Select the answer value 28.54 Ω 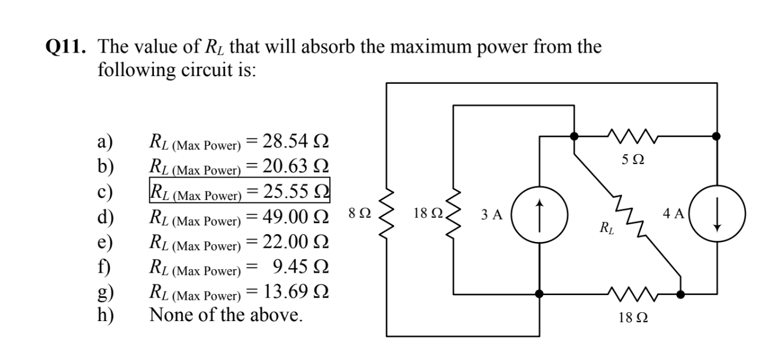pyautogui.click(x=295, y=142)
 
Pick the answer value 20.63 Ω pyautogui.click(x=295, y=167)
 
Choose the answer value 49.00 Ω pyautogui.click(x=295, y=217)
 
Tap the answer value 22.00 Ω pyautogui.click(x=295, y=242)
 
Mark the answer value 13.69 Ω pyautogui.click(x=295, y=292)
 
